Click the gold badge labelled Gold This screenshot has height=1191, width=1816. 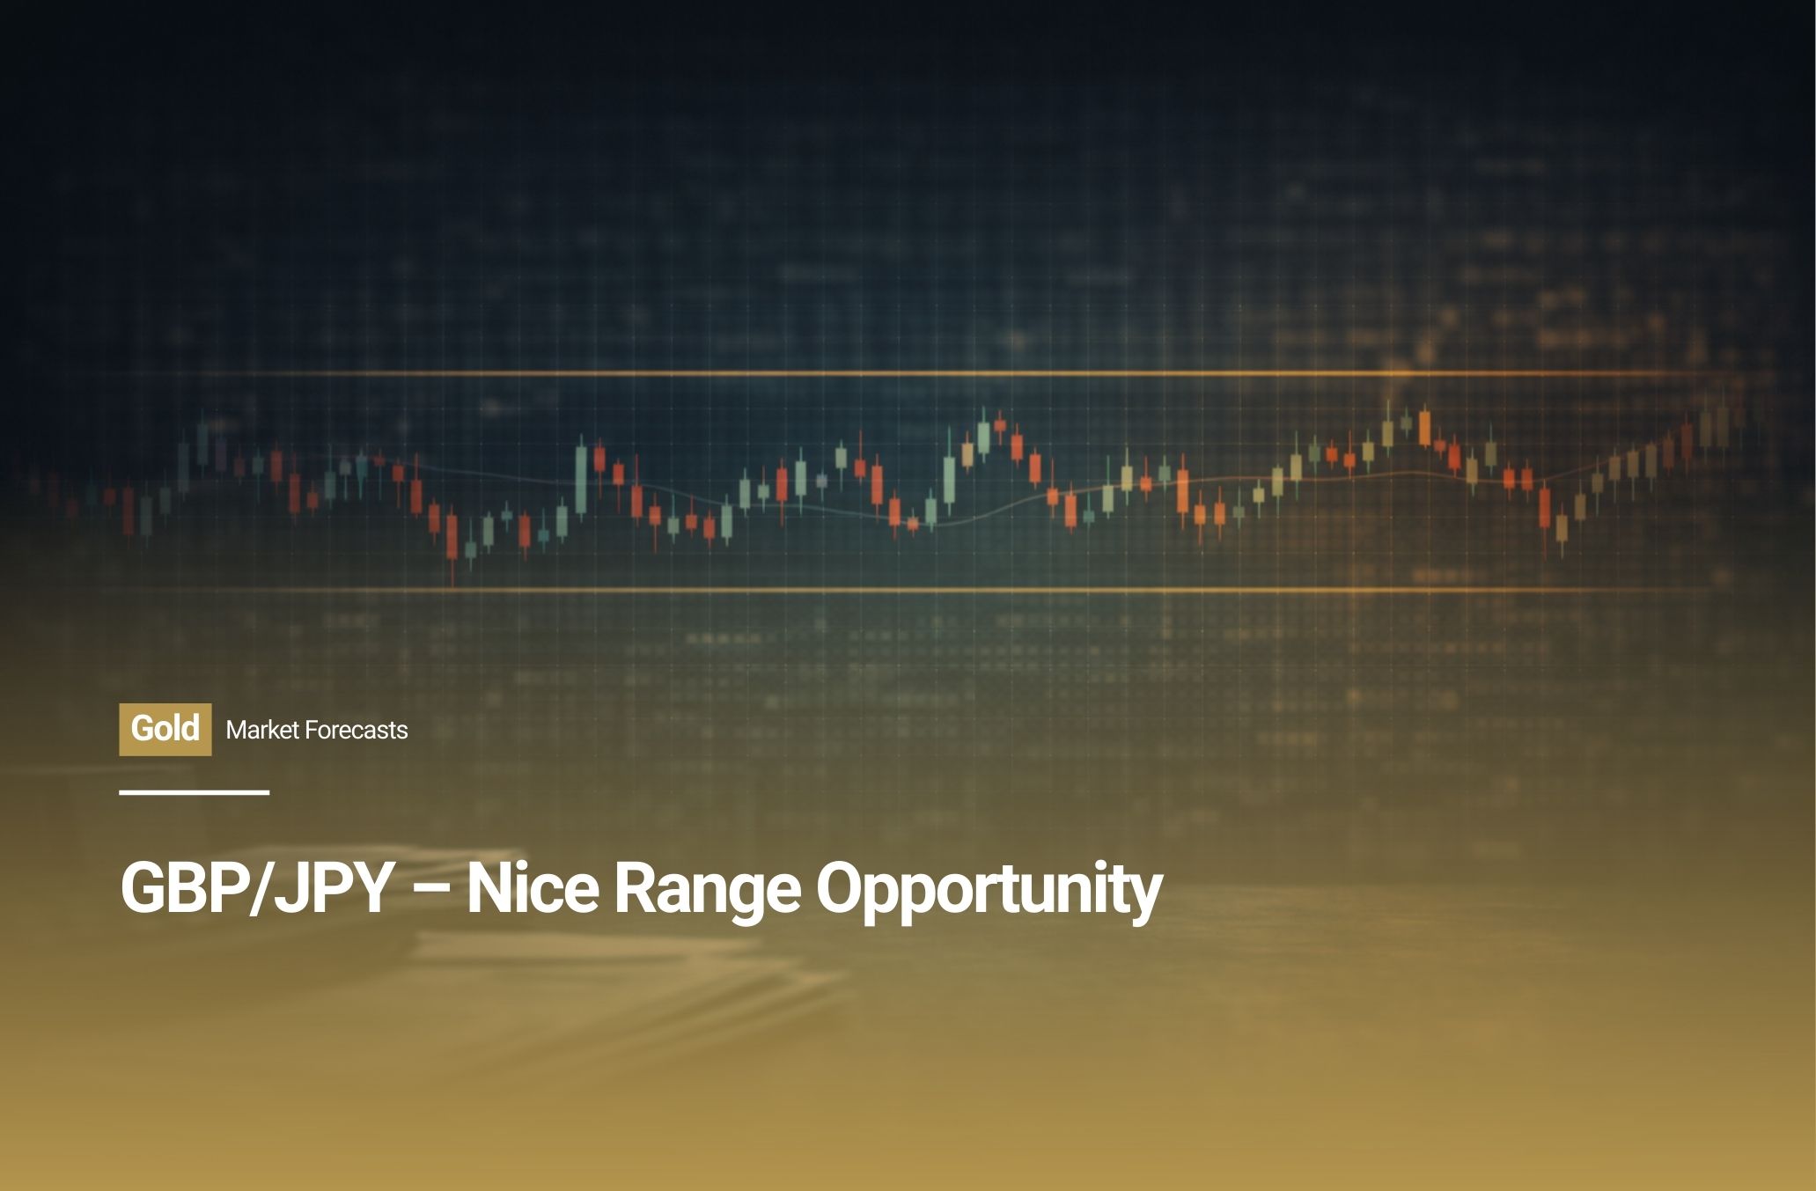tap(165, 729)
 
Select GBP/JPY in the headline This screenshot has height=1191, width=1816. tap(256, 888)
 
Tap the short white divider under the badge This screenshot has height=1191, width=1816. tap(195, 792)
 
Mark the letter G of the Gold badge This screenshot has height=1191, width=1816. tap(142, 729)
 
